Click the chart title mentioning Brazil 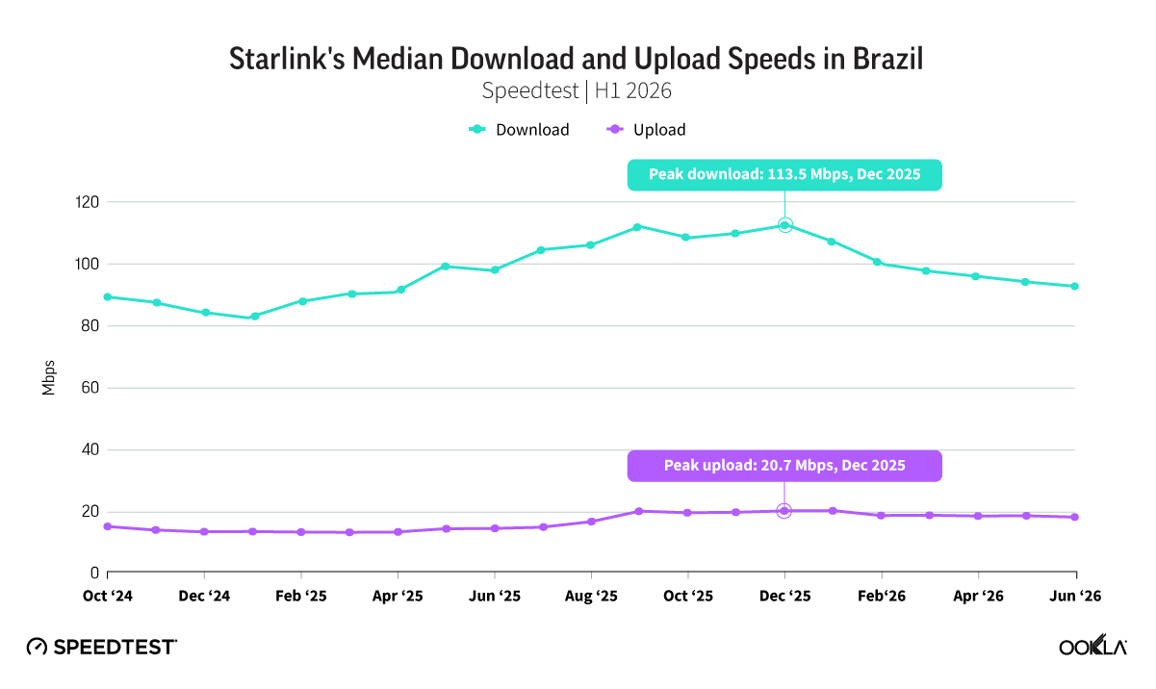[x=576, y=59]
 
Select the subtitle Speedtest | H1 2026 [x=577, y=91]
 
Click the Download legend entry [x=519, y=130]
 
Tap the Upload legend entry [x=646, y=130]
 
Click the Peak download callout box [x=784, y=175]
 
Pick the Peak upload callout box [x=784, y=466]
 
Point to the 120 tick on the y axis [x=87, y=202]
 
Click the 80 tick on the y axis [x=90, y=325]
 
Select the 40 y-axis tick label [x=90, y=449]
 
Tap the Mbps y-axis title [x=48, y=378]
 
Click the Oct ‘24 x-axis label [x=108, y=596]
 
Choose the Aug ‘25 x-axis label [x=591, y=596]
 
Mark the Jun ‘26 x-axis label [x=1075, y=596]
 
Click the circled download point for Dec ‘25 [x=785, y=225]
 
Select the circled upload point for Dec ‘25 [x=784, y=511]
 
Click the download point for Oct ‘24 [x=108, y=297]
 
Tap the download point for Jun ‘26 [x=1075, y=287]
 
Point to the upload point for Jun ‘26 [x=1075, y=517]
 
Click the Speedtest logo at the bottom [x=102, y=647]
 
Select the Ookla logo [x=1093, y=645]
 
